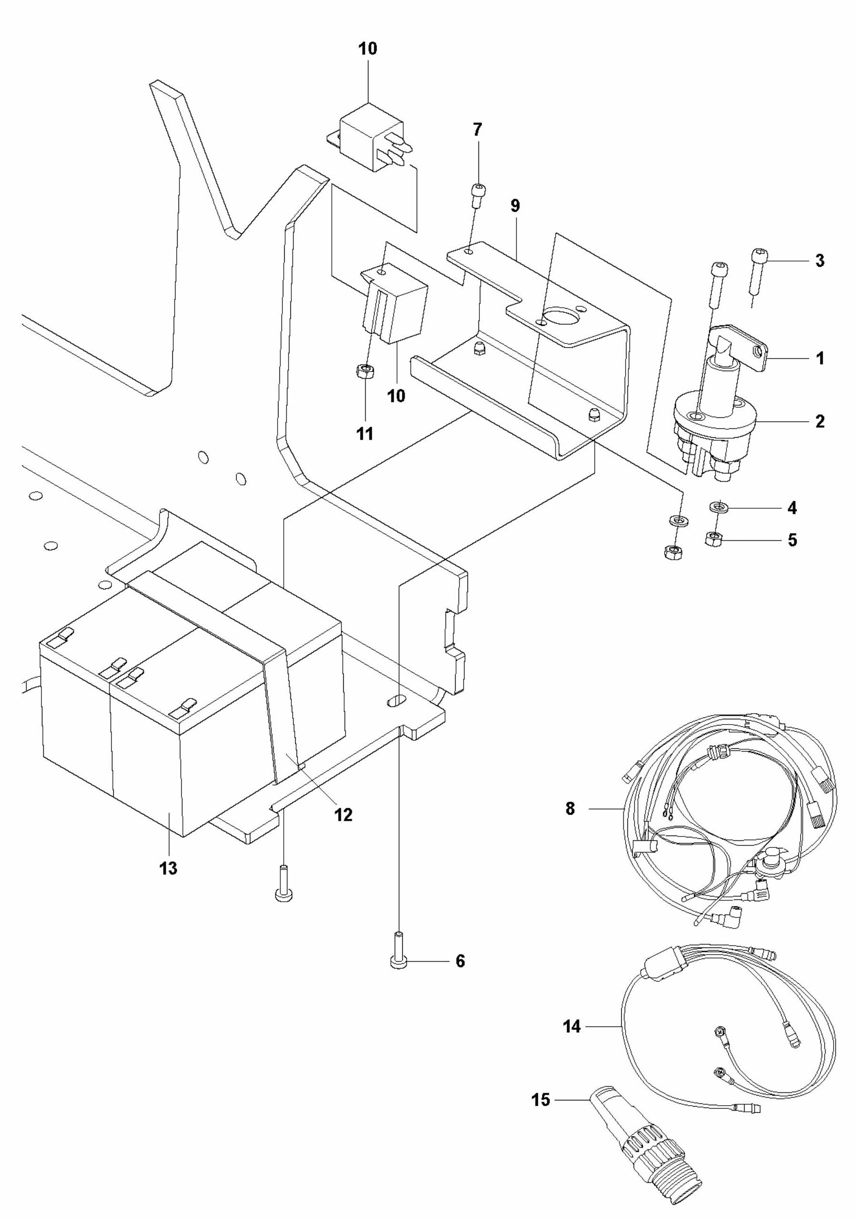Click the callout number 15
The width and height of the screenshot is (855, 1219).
coord(541,1099)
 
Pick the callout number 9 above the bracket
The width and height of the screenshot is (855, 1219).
coord(515,206)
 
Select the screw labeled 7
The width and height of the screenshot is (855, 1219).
coord(477,195)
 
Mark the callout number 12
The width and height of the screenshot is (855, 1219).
coord(343,814)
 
